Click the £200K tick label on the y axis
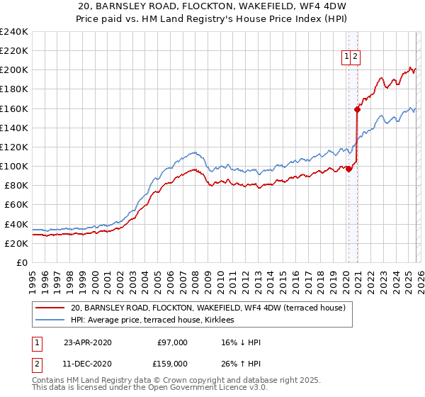pyautogui.click(x=13, y=70)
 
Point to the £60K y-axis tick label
pyautogui.click(x=16, y=205)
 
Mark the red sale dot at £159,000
pyautogui.click(x=358, y=109)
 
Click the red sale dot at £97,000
pyautogui.click(x=349, y=169)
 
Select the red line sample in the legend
pyautogui.click(x=50, y=308)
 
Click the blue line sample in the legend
pyautogui.click(x=50, y=320)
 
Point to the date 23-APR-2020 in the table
pyautogui.click(x=88, y=342)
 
